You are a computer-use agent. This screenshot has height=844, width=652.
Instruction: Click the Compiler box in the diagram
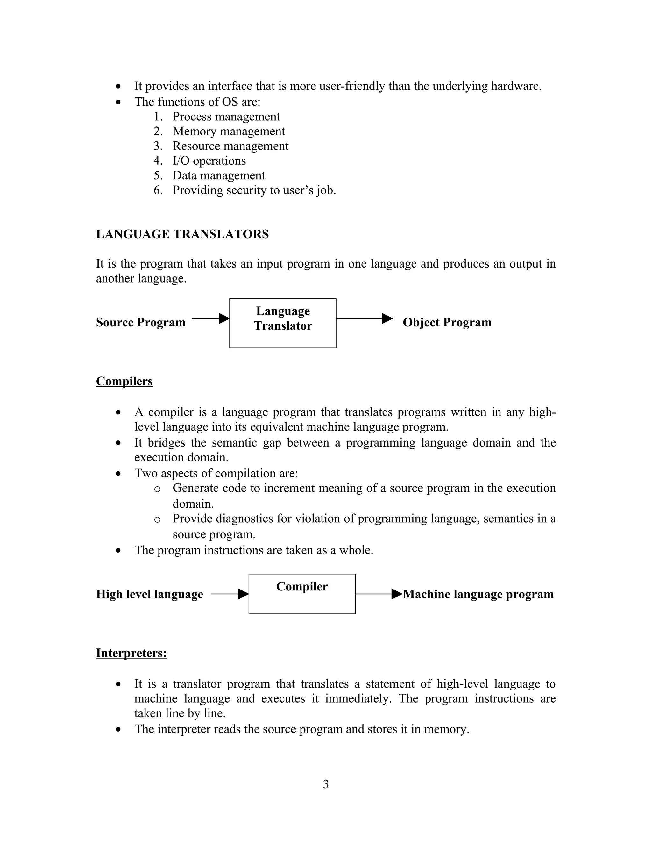pyautogui.click(x=302, y=594)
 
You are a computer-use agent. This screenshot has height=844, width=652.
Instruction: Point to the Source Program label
pyautogui.click(x=141, y=322)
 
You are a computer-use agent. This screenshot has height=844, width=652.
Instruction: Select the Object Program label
pyautogui.click(x=447, y=322)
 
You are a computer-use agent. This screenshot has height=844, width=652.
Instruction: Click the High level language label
pyautogui.click(x=150, y=594)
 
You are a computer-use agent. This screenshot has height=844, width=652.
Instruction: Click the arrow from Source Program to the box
pyautogui.click(x=210, y=318)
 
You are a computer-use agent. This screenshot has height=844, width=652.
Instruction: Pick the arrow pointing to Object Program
pyautogui.click(x=364, y=318)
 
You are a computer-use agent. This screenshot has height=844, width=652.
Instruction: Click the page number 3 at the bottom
pyautogui.click(x=326, y=784)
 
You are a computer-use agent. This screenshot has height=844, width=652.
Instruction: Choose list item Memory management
pyautogui.click(x=229, y=132)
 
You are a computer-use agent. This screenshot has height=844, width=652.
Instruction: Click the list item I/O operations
pyautogui.click(x=209, y=161)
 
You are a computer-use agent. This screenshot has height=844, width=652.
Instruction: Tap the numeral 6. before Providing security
pyautogui.click(x=158, y=190)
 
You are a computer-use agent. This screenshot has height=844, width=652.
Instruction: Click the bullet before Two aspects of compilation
pyautogui.click(x=118, y=474)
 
